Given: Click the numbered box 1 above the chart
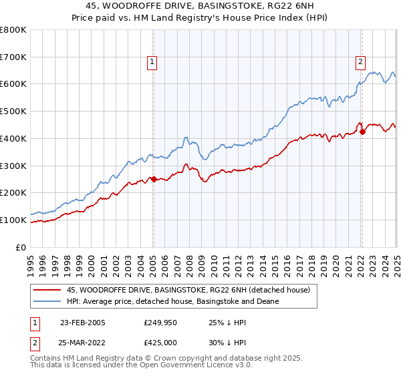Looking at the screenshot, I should pyautogui.click(x=152, y=62).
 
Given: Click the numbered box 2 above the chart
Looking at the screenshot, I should pyautogui.click(x=360, y=62).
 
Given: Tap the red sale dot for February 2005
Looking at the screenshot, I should pyautogui.click(x=154, y=179).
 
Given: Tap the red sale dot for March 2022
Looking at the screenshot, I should pyautogui.click(x=362, y=132).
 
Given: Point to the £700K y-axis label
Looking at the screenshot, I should pyautogui.click(x=13, y=57).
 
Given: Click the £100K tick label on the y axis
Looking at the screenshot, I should pyautogui.click(x=13, y=220).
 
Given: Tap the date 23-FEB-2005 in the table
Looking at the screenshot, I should pyautogui.click(x=83, y=322).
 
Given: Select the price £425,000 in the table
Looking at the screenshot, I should pyautogui.click(x=160, y=341).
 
